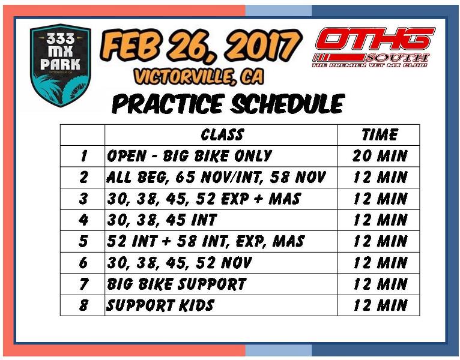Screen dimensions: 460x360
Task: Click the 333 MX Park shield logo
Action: point(61,65)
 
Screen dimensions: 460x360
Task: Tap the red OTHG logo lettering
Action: point(375,38)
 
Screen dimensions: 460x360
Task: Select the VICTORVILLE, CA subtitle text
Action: point(199,77)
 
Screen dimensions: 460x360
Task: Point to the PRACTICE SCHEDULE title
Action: point(228,104)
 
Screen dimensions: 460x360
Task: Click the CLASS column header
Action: point(221,135)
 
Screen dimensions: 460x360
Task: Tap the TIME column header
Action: point(378,135)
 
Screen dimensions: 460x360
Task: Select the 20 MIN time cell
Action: point(378,156)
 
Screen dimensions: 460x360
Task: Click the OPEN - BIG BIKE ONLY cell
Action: point(221,156)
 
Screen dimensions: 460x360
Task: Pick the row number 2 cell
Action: point(82,178)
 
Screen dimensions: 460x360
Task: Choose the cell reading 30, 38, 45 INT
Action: point(221,220)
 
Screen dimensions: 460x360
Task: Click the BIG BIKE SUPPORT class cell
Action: point(221,284)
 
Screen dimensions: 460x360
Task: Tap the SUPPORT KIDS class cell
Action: point(221,305)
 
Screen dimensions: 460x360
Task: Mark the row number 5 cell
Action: point(82,241)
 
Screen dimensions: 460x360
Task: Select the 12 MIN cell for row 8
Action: point(378,305)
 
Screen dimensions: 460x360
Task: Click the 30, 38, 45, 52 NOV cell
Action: point(221,263)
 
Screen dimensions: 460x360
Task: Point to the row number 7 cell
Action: point(82,284)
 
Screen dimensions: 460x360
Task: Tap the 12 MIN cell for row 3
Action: point(378,199)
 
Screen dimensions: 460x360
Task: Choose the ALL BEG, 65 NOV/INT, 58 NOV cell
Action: point(221,178)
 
